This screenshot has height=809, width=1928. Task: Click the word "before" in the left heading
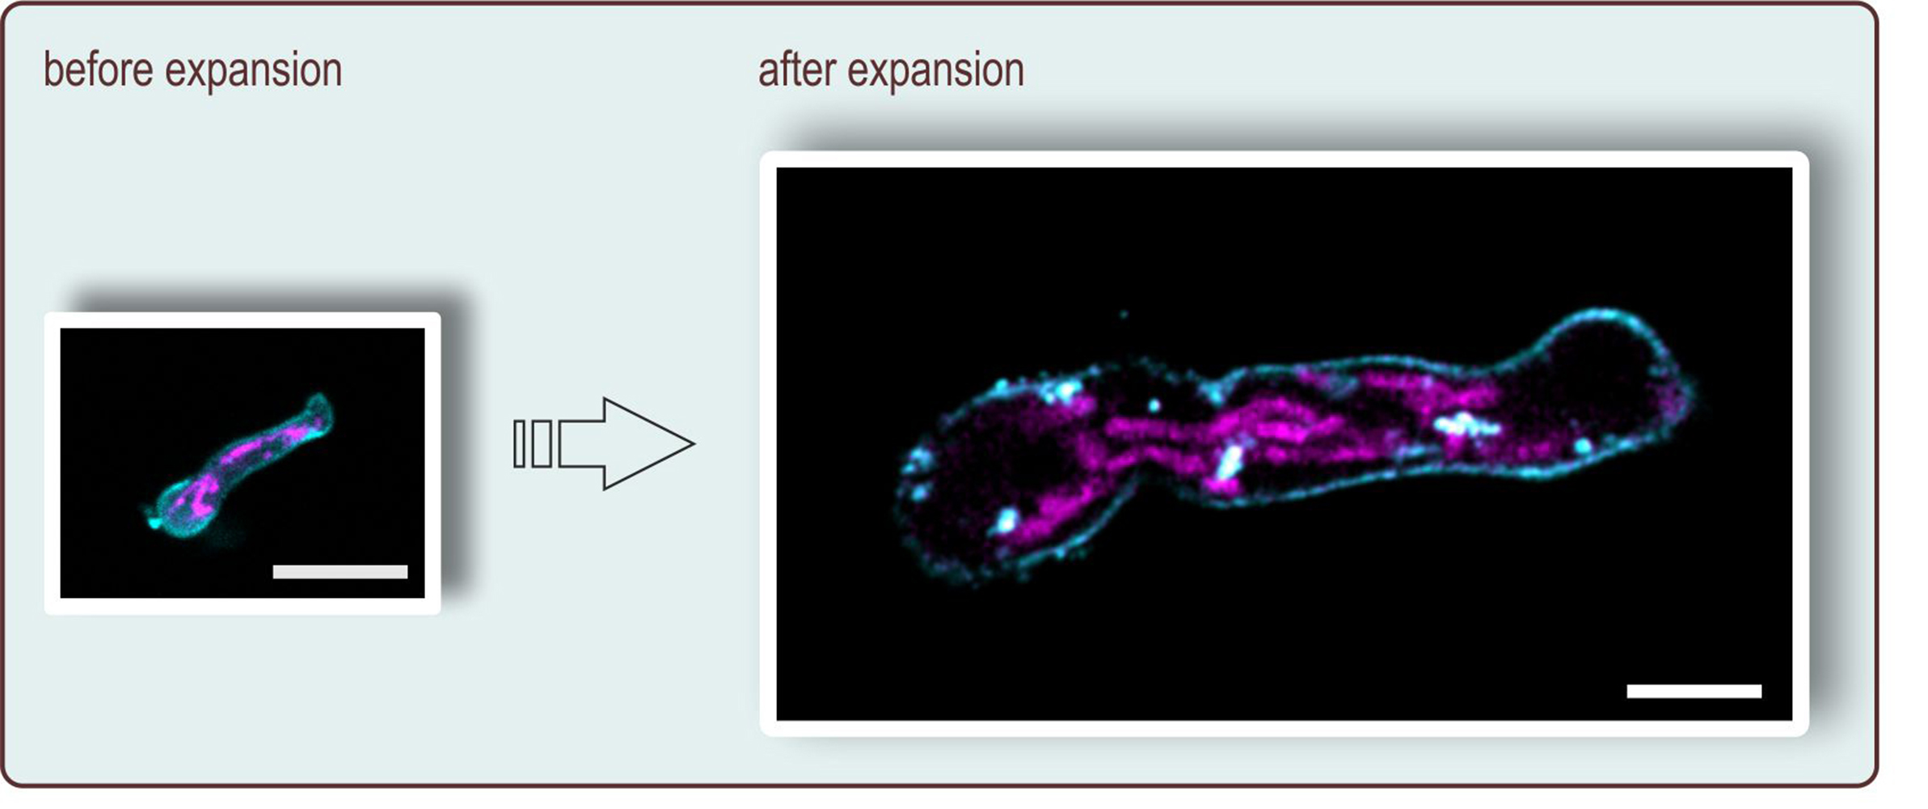(x=98, y=70)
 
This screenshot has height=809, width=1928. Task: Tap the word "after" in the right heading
(x=796, y=70)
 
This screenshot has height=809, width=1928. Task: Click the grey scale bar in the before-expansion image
(x=340, y=572)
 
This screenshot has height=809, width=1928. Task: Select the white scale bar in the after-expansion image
(x=1694, y=690)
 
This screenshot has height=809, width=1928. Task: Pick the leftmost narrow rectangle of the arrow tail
(x=520, y=443)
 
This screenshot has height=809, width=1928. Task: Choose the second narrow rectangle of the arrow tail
(x=542, y=443)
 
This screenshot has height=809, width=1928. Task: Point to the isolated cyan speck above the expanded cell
(x=1124, y=314)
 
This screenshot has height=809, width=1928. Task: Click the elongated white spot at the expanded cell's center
(x=1230, y=464)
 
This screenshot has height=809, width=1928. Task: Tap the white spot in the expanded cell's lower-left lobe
(x=1006, y=520)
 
